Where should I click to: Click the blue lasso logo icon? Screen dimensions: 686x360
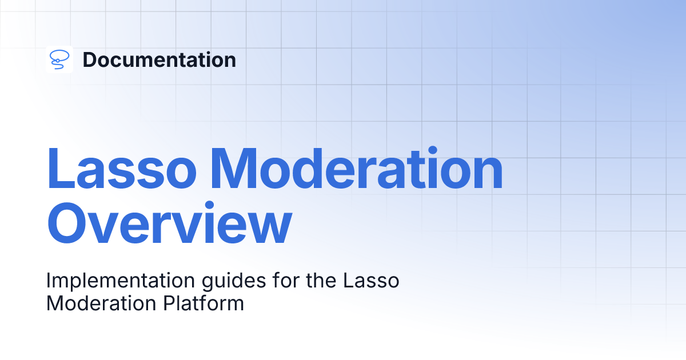coord(59,59)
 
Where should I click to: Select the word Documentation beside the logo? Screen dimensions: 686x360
coord(159,59)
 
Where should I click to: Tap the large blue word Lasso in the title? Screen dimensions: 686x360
coord(122,169)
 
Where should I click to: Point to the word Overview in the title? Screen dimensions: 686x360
coord(169,222)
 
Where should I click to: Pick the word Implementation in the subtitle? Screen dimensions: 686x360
coord(121,281)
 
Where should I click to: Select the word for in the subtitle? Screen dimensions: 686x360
coord(286,280)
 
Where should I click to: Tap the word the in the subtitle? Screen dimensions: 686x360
coord(321,280)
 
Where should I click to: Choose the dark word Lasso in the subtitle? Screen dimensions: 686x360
coord(371,281)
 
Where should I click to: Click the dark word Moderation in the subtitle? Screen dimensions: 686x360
coord(101,303)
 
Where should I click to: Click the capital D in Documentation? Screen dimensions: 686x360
coord(90,59)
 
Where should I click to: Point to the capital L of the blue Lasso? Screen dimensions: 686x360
coord(61,169)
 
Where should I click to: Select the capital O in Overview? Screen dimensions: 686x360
coord(68,222)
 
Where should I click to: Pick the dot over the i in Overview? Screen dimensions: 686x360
coord(209,206)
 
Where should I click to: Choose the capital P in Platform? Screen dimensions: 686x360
coord(169,303)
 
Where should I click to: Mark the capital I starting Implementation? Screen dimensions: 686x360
coord(48,281)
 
